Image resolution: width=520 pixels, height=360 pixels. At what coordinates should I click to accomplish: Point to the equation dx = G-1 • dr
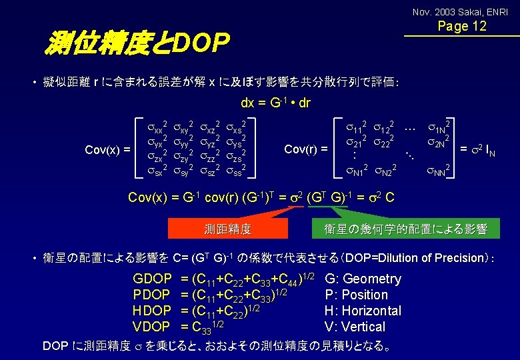click(275, 104)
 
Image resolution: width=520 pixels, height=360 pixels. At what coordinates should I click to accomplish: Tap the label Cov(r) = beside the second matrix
click(306, 148)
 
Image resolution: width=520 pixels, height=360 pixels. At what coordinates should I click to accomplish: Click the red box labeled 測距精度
click(227, 229)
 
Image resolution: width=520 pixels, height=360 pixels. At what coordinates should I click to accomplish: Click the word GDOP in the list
click(153, 279)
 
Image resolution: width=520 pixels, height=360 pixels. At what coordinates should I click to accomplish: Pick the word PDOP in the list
click(152, 295)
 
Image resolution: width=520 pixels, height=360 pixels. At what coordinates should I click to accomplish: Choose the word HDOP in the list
click(152, 311)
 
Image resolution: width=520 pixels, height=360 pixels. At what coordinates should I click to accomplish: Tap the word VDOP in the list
click(152, 327)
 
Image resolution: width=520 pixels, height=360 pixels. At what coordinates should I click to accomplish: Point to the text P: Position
click(356, 295)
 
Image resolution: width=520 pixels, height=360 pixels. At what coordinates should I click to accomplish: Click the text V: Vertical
click(354, 327)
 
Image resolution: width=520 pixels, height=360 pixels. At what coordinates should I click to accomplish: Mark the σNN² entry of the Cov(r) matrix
click(438, 171)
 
